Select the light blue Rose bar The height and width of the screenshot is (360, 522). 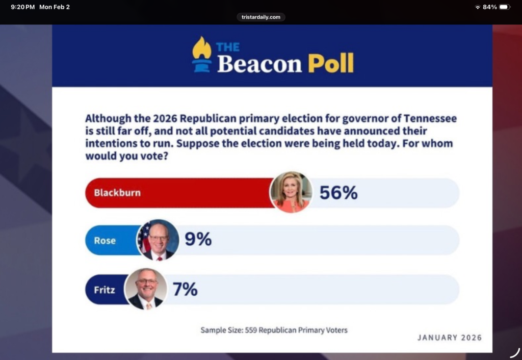point(110,240)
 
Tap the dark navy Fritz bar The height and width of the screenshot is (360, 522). point(105,290)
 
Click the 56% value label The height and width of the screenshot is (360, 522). point(338,193)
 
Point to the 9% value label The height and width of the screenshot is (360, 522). point(198,240)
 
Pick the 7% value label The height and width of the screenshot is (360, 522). point(185,290)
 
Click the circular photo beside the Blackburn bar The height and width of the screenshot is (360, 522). point(291,192)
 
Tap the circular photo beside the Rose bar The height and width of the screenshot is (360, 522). point(158,240)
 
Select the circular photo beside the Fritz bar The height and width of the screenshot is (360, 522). point(146,289)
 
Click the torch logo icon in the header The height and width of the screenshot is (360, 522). point(201,55)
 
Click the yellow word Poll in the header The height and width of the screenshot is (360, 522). point(330,63)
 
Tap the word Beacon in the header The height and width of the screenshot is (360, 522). point(259,64)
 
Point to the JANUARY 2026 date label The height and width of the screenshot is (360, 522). point(449,338)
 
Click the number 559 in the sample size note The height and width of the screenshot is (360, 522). point(251,330)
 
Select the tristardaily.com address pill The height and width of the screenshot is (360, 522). point(260,17)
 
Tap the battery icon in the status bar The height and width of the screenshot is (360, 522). point(504,7)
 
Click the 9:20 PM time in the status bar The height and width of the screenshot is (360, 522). point(22,7)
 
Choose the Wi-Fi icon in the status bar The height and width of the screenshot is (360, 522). point(478,7)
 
